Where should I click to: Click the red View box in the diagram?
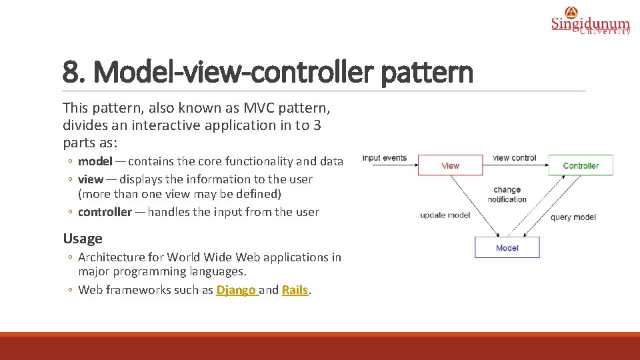(x=450, y=165)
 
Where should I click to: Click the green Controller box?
(x=580, y=165)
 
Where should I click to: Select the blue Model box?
(x=507, y=248)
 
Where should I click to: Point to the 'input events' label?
(x=385, y=158)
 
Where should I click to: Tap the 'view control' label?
(x=515, y=158)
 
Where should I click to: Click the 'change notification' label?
(x=507, y=195)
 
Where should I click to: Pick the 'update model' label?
(x=445, y=215)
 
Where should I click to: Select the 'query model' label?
(x=573, y=217)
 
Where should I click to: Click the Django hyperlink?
(x=236, y=290)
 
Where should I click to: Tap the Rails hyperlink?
(x=295, y=290)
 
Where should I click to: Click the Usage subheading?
(x=83, y=239)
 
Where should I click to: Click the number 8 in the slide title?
(x=70, y=72)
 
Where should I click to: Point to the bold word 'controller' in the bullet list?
(x=105, y=212)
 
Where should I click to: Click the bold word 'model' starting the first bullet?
(x=95, y=161)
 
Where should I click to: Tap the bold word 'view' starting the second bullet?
(x=91, y=179)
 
